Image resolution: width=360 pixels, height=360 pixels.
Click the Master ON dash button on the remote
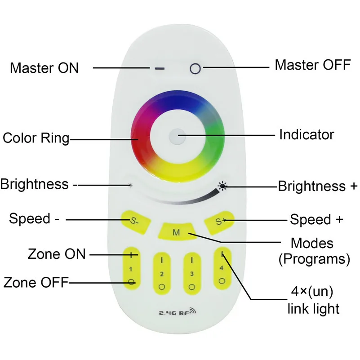click(x=160, y=68)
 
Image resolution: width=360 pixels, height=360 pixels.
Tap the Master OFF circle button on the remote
click(x=195, y=68)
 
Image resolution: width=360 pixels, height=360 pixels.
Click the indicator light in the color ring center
click(x=177, y=137)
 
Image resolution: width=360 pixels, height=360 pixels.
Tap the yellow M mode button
click(x=176, y=231)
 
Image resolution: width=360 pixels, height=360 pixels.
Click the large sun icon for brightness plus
click(x=222, y=186)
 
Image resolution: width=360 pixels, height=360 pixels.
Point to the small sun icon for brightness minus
click(x=130, y=185)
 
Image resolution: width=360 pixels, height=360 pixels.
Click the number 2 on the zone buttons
click(x=162, y=274)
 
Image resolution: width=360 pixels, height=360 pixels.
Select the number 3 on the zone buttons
click(x=192, y=274)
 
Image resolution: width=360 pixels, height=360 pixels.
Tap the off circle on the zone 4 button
click(x=222, y=281)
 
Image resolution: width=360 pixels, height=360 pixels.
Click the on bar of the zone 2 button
click(x=162, y=260)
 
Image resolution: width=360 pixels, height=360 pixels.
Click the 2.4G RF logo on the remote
click(x=178, y=311)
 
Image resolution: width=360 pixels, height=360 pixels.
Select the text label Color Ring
click(x=36, y=138)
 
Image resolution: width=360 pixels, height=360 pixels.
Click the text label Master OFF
click(x=313, y=65)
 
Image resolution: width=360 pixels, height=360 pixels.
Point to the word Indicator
click(x=307, y=134)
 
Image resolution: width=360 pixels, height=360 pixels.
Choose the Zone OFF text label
click(x=36, y=282)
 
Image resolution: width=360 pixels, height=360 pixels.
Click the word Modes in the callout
click(x=312, y=243)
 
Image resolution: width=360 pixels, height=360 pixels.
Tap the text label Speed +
click(x=316, y=219)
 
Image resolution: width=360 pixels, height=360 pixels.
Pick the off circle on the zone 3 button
click(x=192, y=287)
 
